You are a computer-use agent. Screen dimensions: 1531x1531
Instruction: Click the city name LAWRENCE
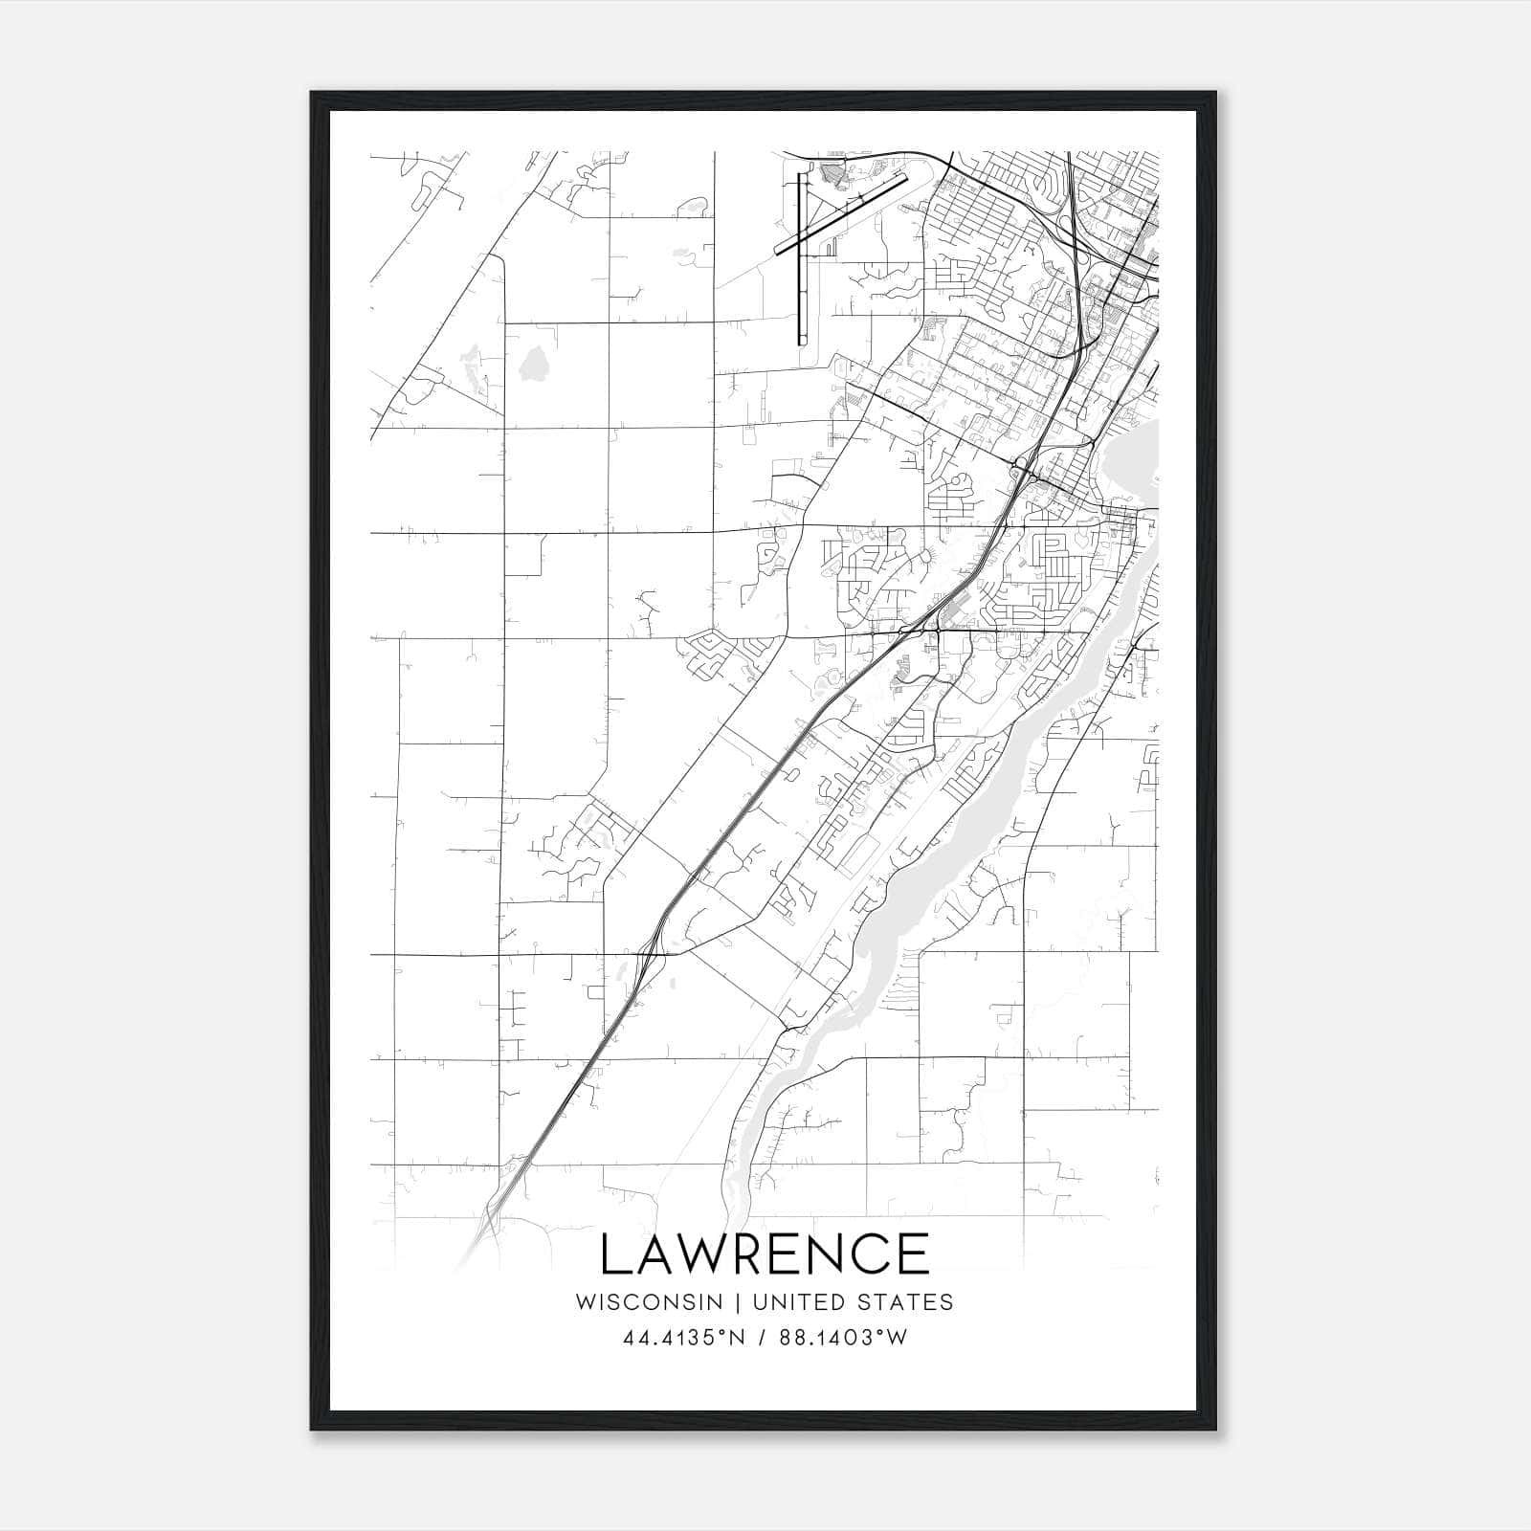[765, 1254]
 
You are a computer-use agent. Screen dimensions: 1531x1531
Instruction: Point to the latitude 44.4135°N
[683, 1338]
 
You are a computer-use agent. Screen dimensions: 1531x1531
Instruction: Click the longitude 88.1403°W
[842, 1338]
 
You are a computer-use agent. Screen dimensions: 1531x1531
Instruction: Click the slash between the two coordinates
[763, 1338]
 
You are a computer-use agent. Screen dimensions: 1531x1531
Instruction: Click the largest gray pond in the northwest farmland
[532, 364]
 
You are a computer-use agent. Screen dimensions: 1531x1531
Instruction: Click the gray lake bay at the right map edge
[1134, 459]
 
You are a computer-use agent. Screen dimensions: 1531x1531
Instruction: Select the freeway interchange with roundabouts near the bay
[1024, 468]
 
